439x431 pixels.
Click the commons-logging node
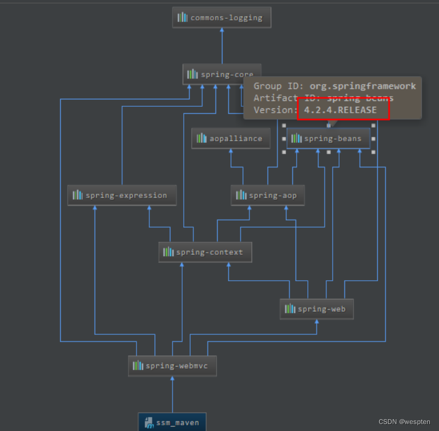(221, 18)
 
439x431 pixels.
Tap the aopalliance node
(231, 138)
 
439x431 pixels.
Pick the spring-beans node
(328, 138)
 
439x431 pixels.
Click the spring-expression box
(123, 195)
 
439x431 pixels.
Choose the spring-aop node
(268, 195)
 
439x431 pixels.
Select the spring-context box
(205, 252)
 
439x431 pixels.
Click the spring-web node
(316, 309)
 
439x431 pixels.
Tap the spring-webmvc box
(172, 366)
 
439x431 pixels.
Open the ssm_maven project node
(172, 422)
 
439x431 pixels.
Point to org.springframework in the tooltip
(362, 86)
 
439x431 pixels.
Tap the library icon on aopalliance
(201, 138)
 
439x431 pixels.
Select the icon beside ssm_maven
(148, 422)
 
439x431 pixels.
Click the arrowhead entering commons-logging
(221, 31)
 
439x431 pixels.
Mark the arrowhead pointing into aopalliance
(231, 151)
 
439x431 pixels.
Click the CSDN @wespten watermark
(405, 422)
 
